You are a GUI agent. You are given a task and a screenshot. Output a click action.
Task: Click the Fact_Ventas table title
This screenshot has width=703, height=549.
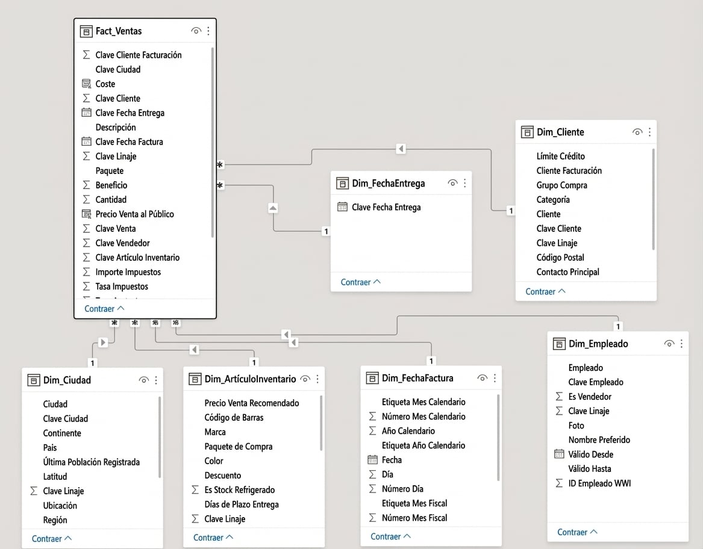point(118,31)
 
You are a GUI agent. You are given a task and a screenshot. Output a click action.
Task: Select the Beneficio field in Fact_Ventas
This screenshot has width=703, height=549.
point(111,185)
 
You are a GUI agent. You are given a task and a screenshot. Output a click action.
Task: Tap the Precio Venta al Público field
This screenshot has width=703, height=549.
point(134,214)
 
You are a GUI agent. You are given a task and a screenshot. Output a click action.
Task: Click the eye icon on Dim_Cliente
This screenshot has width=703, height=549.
point(637,132)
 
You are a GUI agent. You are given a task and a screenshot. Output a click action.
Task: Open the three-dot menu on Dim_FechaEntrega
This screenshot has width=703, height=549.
point(465,183)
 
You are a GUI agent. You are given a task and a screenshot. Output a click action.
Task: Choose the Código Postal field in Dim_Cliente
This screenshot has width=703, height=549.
point(560,257)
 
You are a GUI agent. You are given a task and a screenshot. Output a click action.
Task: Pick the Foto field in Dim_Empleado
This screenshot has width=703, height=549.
point(576,426)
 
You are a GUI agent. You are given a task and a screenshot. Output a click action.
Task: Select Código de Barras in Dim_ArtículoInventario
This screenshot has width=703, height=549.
point(234,417)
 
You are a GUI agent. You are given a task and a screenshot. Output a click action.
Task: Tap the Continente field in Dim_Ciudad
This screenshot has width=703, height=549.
point(62,433)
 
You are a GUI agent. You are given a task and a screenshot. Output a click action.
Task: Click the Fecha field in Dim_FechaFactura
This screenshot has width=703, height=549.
point(392,460)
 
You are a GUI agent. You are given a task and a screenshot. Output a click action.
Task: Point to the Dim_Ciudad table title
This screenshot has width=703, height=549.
point(67,380)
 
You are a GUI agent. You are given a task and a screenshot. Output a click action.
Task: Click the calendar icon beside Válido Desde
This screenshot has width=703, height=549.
point(559,454)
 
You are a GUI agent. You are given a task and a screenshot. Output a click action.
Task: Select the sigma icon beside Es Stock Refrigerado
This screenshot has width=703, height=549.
point(195,490)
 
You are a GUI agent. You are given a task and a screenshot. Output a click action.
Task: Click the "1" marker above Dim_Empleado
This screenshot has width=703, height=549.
point(618,326)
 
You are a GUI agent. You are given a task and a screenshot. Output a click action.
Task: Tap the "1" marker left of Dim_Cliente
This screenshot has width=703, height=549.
point(511,211)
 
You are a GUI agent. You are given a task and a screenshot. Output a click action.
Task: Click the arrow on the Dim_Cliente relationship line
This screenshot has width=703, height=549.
point(401,149)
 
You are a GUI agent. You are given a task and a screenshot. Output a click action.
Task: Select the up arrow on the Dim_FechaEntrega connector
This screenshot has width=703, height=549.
point(273,208)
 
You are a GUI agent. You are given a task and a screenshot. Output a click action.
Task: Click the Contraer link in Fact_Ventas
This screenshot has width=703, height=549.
point(104,309)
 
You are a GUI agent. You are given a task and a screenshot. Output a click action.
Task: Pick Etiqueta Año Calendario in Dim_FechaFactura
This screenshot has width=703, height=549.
point(423,445)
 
